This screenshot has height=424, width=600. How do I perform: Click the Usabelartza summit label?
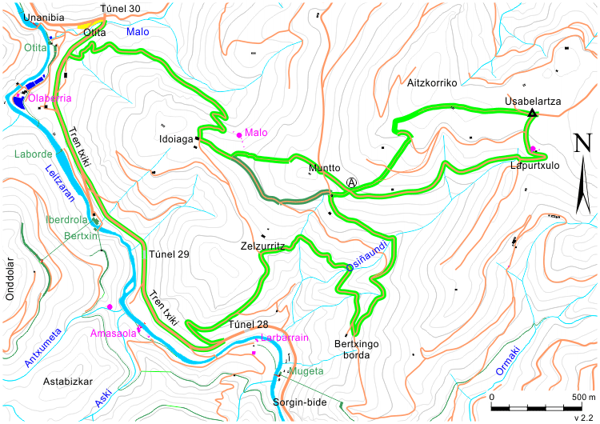tap(532, 102)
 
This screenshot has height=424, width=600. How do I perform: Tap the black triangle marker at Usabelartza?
tap(532, 114)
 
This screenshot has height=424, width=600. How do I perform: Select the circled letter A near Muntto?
tap(351, 182)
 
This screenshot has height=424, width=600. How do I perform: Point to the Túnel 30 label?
tap(124, 9)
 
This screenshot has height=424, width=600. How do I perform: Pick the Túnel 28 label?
tap(248, 324)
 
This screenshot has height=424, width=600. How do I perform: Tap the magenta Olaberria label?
tap(51, 98)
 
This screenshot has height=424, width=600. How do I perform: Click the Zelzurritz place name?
tap(263, 247)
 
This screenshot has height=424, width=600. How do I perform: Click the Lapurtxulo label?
tap(534, 166)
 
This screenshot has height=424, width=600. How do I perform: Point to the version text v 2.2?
tap(583, 416)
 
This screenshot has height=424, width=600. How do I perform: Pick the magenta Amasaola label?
tap(113, 333)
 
